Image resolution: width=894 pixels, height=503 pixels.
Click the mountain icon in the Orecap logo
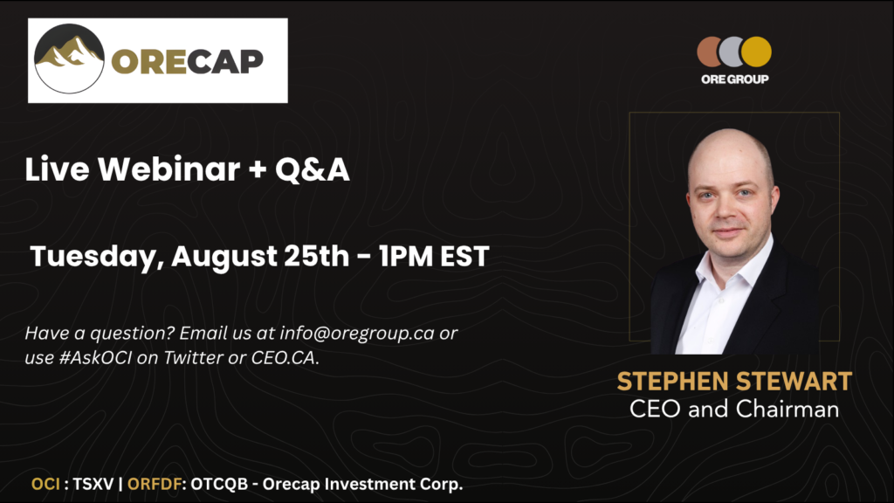tap(70, 59)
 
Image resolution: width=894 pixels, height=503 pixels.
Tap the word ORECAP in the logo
tap(188, 61)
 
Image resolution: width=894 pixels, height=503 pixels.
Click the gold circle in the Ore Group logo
tap(756, 52)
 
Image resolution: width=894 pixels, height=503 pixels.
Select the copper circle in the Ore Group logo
tap(709, 52)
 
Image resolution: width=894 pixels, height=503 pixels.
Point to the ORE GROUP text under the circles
tap(734, 79)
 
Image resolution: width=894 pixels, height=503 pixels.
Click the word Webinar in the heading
tap(169, 169)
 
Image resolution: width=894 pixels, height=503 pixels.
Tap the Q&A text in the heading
tap(313, 170)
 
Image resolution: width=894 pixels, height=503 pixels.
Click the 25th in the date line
tap(316, 256)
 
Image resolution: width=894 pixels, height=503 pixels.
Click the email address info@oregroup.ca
tap(357, 333)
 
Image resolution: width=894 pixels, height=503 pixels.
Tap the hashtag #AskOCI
tap(95, 357)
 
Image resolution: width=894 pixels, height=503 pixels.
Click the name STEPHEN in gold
tap(674, 382)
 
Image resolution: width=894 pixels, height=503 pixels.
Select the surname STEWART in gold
tap(794, 382)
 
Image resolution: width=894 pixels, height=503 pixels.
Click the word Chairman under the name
tap(787, 409)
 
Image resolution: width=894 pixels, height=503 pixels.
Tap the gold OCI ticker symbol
tap(45, 484)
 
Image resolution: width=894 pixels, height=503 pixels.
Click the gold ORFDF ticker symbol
tap(155, 484)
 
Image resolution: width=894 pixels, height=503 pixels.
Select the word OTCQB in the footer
tap(219, 484)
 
